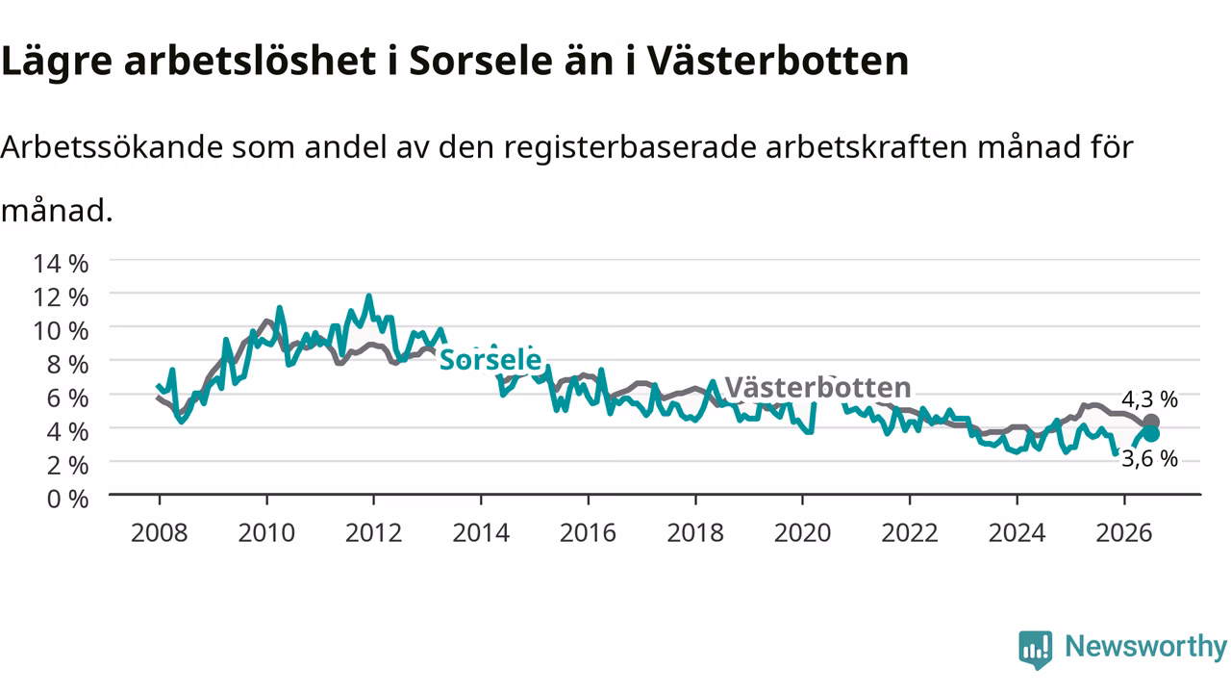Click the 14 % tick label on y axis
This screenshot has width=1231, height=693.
point(61,264)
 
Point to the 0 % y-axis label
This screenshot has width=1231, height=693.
point(67,500)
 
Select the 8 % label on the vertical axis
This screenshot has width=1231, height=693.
point(67,365)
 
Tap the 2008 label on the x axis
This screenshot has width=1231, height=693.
point(160,533)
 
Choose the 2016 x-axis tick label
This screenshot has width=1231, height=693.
point(588,533)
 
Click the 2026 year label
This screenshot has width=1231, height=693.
point(1124,533)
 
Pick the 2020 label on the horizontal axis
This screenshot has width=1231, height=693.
point(802,533)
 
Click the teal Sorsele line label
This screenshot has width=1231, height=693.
point(490,360)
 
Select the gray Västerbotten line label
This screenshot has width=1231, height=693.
point(818,388)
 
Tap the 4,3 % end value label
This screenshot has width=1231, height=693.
point(1149,399)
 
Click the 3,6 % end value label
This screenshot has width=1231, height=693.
point(1149,459)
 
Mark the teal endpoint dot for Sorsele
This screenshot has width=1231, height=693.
point(1151,434)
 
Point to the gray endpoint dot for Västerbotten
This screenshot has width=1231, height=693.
point(1151,422)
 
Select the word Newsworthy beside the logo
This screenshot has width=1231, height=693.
point(1145,647)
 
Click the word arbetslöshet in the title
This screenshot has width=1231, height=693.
point(250,60)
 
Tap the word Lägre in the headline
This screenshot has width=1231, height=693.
point(57,62)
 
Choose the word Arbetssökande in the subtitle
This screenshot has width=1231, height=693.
point(113,147)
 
